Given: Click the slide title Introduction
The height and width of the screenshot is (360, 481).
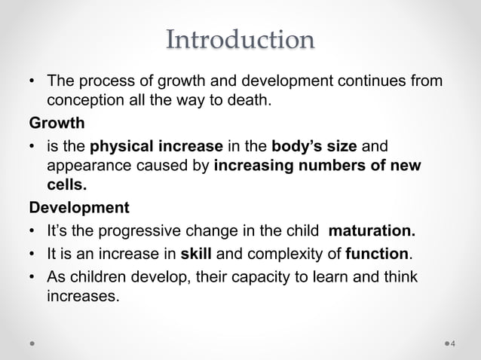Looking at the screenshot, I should (240, 39).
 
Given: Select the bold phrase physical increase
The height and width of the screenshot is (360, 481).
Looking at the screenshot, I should (156, 145).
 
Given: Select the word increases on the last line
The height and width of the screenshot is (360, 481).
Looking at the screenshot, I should (83, 296).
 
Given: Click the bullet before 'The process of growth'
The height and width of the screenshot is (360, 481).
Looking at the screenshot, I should (32, 81).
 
